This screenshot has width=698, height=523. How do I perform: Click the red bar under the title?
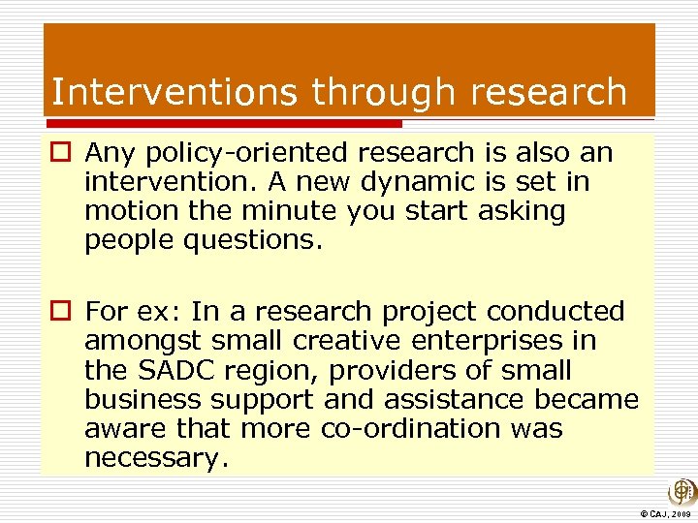(223, 124)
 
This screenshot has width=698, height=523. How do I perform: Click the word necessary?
(155, 457)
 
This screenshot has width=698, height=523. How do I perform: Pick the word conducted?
(555, 312)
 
